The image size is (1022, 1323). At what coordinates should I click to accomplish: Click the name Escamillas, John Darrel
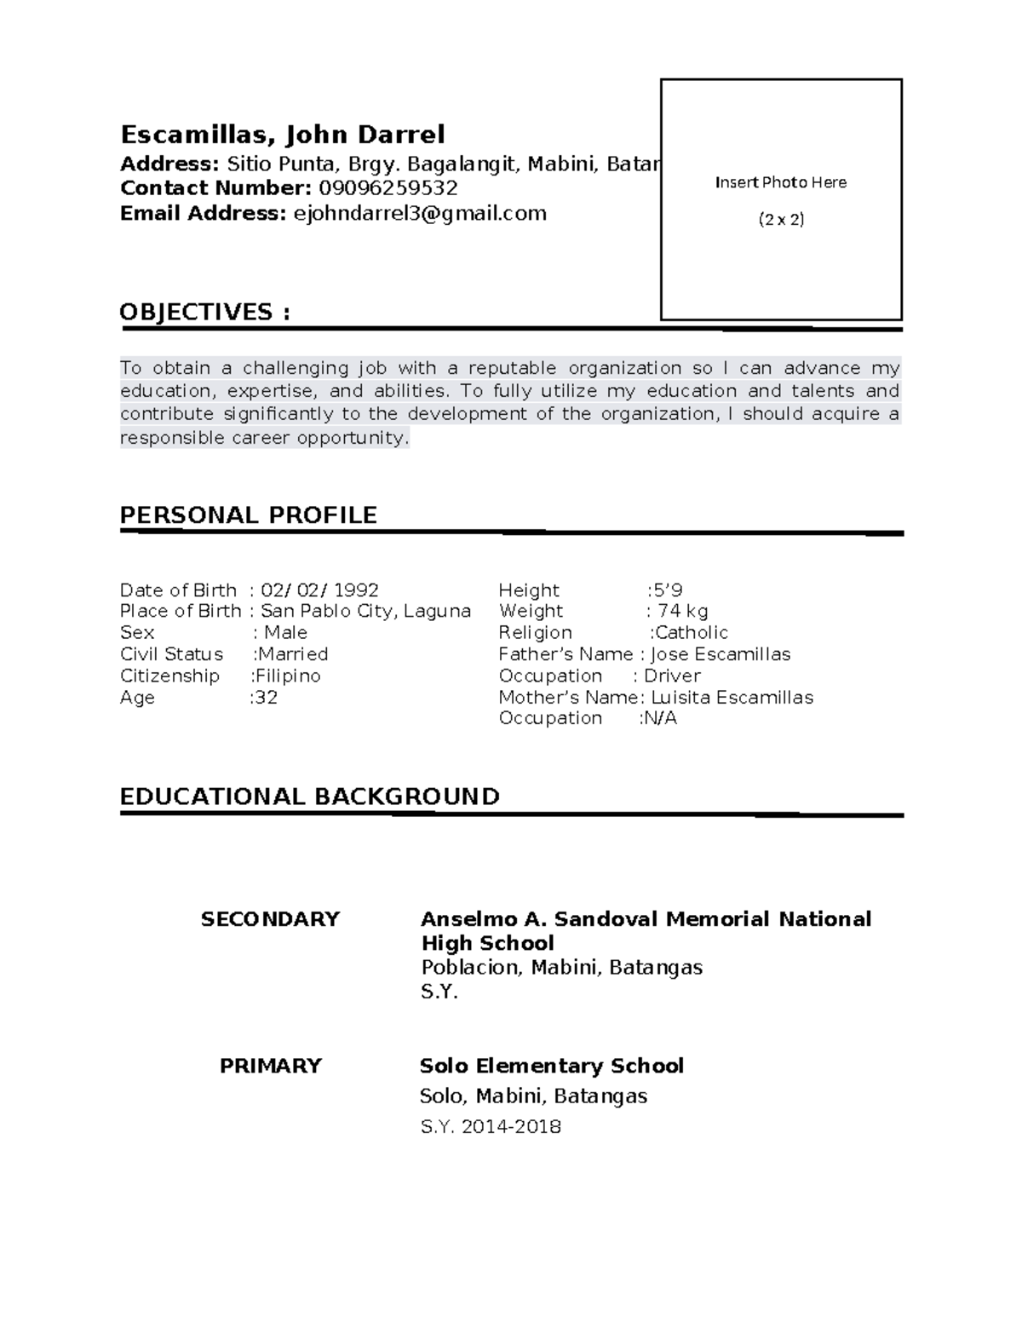pyautogui.click(x=282, y=135)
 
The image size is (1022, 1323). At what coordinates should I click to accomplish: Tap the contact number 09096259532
pyautogui.click(x=388, y=188)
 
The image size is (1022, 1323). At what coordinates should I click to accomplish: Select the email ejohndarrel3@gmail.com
pyautogui.click(x=419, y=213)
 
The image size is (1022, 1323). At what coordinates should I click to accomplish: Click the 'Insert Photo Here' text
pyautogui.click(x=780, y=182)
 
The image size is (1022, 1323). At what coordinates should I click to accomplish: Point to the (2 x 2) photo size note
pyautogui.click(x=781, y=220)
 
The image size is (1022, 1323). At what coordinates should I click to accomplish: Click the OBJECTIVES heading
pyautogui.click(x=204, y=312)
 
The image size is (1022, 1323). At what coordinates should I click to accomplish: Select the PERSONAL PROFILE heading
pyautogui.click(x=248, y=515)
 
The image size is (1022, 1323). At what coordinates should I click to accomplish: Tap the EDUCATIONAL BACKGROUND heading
pyautogui.click(x=309, y=797)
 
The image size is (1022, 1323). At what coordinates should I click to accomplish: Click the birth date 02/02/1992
pyautogui.click(x=319, y=590)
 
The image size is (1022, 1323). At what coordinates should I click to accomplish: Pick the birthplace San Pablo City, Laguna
pyautogui.click(x=365, y=611)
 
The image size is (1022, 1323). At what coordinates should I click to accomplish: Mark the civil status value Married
pyautogui.click(x=292, y=654)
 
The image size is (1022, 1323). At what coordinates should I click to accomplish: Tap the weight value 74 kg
pyautogui.click(x=682, y=611)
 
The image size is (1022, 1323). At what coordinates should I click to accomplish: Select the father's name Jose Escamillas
pyautogui.click(x=721, y=654)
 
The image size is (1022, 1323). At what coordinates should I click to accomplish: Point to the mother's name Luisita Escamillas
pyautogui.click(x=732, y=698)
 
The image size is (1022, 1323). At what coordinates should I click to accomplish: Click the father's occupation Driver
pyautogui.click(x=672, y=676)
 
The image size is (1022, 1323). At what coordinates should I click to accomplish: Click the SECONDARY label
pyautogui.click(x=270, y=919)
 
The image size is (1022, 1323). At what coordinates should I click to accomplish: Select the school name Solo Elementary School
pyautogui.click(x=552, y=1066)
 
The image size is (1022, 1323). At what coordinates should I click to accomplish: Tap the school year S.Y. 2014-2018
pyautogui.click(x=491, y=1127)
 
